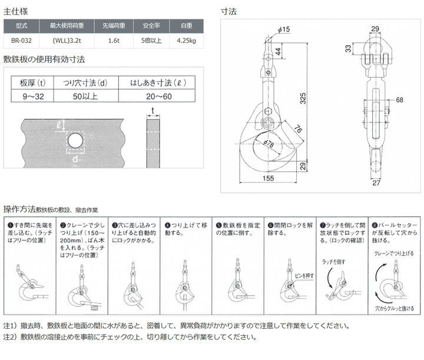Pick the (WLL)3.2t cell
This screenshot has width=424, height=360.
[x=67, y=41]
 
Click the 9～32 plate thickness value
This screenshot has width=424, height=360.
[x=29, y=96]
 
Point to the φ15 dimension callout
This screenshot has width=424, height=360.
[x=283, y=29]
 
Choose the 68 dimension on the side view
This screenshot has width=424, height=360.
[x=399, y=99]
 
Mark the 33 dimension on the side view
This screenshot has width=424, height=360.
[x=347, y=48]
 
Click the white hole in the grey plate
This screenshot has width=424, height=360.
[x=74, y=141]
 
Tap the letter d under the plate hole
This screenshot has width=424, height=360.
[x=75, y=159]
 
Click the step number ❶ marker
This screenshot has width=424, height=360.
[x=11, y=225]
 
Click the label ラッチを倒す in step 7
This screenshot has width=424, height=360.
[x=334, y=261]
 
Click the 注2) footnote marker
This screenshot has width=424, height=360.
[x=10, y=338]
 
